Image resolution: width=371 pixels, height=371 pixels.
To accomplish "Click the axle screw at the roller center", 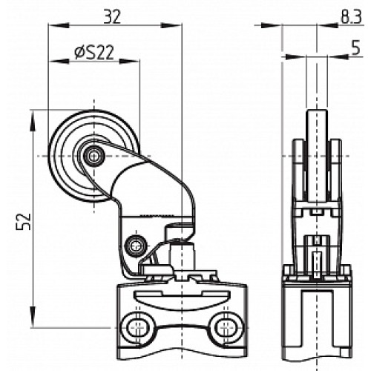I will point(93,155).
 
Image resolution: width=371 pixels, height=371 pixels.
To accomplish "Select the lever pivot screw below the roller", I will point(134,243).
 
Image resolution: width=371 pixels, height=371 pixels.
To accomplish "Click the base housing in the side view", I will point(317,312).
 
